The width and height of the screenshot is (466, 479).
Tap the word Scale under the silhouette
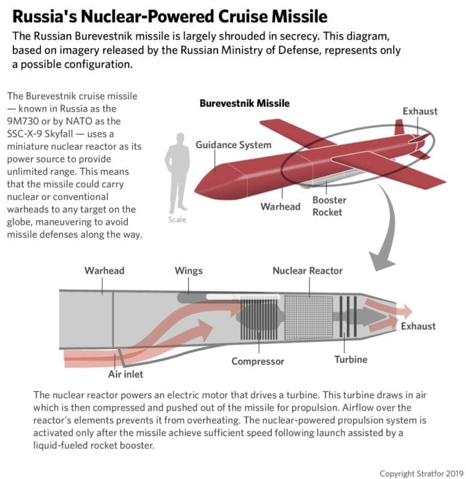pyautogui.click(x=178, y=219)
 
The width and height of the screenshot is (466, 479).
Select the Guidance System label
pyautogui.click(x=233, y=145)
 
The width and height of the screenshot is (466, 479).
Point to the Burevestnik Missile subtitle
pyautogui.click(x=244, y=104)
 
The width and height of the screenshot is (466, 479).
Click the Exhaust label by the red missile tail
pyautogui.click(x=420, y=110)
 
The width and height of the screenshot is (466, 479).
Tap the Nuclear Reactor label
pyautogui.click(x=307, y=271)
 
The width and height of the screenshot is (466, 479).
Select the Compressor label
pyautogui.click(x=258, y=361)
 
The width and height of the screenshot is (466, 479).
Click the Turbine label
pyautogui.click(x=351, y=359)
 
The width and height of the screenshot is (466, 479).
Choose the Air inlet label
pyautogui.click(x=126, y=374)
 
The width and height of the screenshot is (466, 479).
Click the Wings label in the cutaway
pyautogui.click(x=188, y=271)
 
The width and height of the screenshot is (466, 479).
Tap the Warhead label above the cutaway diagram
pyautogui.click(x=104, y=271)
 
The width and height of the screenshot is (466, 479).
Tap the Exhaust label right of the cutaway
pyautogui.click(x=418, y=326)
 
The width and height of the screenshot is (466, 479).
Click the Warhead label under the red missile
pyautogui.click(x=280, y=206)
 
